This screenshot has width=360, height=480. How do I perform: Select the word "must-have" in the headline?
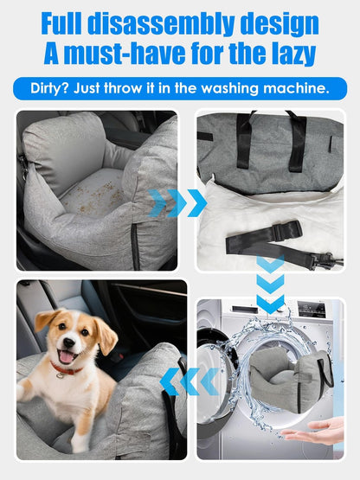117,54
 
